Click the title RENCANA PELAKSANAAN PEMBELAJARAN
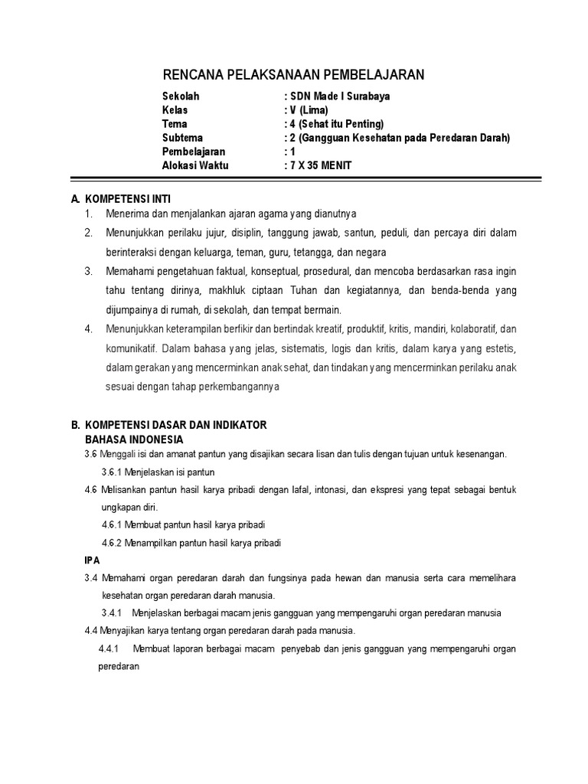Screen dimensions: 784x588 (293, 73)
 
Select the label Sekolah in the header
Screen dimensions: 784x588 (181, 96)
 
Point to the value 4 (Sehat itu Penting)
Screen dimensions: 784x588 (336, 124)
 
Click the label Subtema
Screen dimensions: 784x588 (183, 138)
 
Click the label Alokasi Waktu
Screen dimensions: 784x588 (195, 165)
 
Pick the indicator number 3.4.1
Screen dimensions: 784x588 (113, 613)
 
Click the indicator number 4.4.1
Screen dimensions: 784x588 (111, 649)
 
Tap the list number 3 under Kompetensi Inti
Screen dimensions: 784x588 (89, 271)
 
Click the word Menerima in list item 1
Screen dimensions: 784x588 (125, 213)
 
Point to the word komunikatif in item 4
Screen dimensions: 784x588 (132, 348)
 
